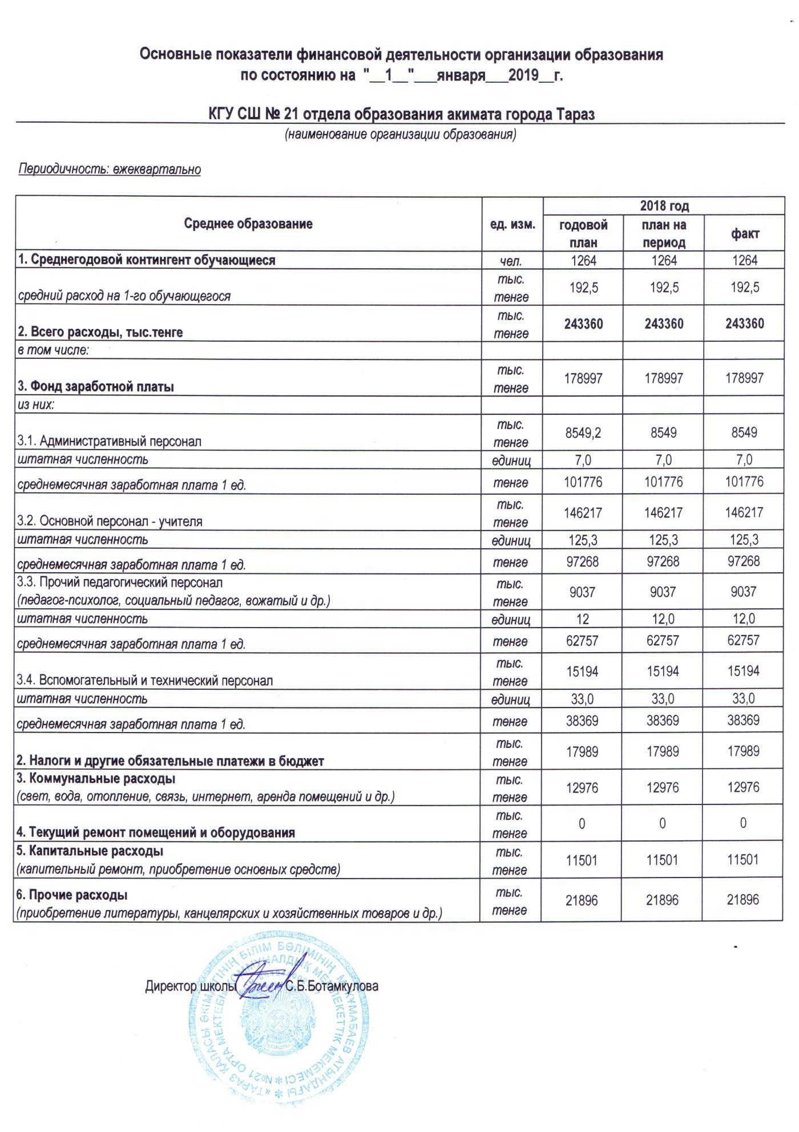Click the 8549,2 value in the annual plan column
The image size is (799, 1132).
click(583, 432)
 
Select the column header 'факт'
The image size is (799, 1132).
click(745, 233)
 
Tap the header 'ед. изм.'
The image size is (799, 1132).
click(513, 224)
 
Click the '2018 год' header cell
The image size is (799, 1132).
click(664, 205)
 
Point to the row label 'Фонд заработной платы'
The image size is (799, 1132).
click(96, 386)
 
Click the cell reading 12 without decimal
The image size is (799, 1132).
click(583, 619)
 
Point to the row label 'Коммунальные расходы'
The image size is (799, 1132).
click(96, 778)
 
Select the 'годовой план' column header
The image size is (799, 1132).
click(583, 233)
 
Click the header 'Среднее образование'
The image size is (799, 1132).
click(248, 224)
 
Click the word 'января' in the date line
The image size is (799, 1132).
click(461, 75)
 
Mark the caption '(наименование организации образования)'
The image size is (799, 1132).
click(401, 135)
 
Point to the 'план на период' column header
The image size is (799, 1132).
click(664, 233)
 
